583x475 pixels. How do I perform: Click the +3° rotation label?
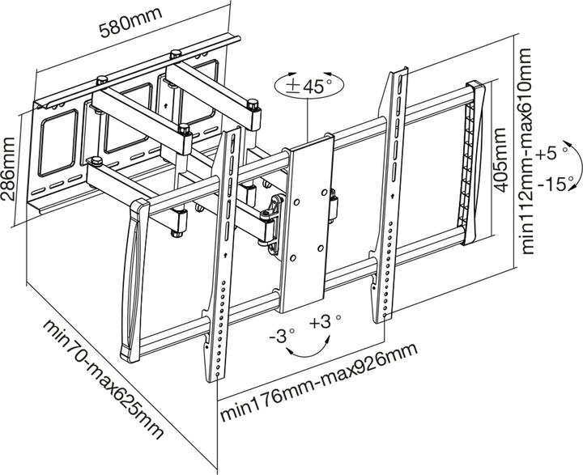322,322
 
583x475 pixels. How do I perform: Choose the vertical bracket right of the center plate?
391,194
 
